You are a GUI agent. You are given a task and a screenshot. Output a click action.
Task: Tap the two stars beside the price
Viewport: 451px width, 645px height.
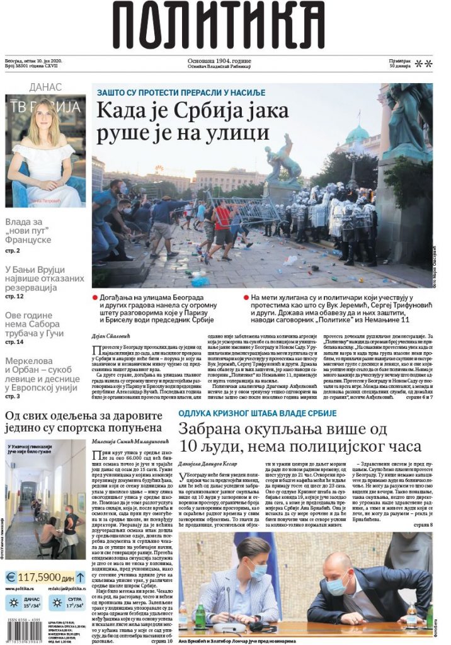coord(424,63)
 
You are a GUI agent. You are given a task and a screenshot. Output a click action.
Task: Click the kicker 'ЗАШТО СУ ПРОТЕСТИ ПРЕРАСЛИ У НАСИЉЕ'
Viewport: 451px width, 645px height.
coord(181,93)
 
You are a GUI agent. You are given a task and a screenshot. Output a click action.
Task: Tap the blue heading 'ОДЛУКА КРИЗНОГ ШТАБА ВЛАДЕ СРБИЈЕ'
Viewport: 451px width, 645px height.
coord(257,413)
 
